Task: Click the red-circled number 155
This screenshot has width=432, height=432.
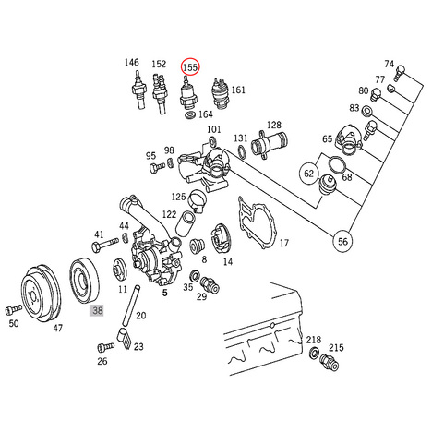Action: (x=190, y=66)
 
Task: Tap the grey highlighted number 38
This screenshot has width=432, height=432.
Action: (x=97, y=310)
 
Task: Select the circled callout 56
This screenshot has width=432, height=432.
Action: (x=342, y=241)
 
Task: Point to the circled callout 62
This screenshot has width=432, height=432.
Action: (x=308, y=174)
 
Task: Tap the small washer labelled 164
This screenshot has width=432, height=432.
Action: (x=190, y=115)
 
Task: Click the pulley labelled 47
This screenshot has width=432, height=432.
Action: (x=41, y=294)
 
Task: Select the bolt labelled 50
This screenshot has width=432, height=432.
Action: (x=14, y=309)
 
